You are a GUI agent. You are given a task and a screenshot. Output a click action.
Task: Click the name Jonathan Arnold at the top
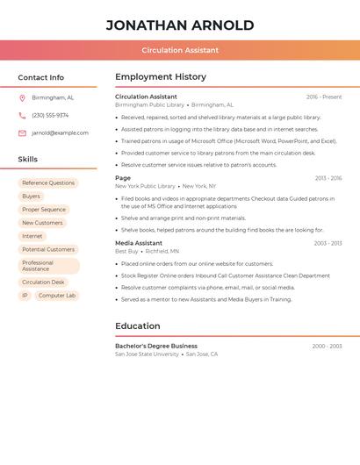coord(180,25)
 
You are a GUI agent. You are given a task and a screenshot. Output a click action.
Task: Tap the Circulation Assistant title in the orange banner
coord(180,50)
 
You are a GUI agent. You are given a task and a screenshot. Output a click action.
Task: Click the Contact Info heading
coord(41,77)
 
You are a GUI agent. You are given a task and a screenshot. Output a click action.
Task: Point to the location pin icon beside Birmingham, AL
coord(22,98)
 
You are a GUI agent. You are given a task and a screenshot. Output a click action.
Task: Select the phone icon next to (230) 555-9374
coord(22,116)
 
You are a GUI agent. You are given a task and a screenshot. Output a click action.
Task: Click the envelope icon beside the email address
coord(22,133)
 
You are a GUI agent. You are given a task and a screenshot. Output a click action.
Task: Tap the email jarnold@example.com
coord(60,133)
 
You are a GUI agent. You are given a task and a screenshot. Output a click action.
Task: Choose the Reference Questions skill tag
coord(48,183)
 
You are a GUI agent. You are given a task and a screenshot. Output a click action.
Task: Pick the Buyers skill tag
coord(31,197)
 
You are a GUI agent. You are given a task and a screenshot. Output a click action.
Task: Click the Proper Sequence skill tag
coord(44,210)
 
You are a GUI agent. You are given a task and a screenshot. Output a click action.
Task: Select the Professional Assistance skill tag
coord(48,266)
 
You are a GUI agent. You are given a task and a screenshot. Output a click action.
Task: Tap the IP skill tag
coord(25,296)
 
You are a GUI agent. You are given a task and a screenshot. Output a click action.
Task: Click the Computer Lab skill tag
coord(57,296)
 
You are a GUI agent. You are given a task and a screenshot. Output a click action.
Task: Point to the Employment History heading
coord(161,77)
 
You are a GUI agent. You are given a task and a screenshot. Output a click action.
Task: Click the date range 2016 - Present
coord(324,97)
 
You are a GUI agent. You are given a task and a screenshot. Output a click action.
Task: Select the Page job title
coord(123,178)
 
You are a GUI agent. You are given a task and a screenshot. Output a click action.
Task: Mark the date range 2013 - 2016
coord(328,178)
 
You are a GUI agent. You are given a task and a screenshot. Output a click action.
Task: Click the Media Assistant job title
coord(139,243)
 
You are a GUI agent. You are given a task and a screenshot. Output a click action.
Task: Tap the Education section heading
coord(138,326)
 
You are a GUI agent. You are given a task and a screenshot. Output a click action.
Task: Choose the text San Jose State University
coord(147,354)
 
